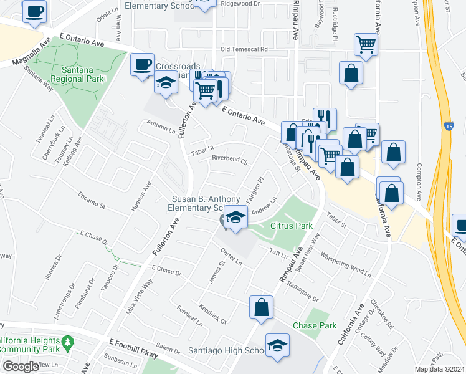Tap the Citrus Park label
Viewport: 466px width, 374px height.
pos(291,226)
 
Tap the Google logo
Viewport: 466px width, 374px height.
pos(21,367)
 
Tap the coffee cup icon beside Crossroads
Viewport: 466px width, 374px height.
pos(143,64)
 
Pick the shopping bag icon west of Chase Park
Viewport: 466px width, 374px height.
pos(261,306)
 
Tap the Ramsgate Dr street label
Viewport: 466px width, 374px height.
pos(303,292)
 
